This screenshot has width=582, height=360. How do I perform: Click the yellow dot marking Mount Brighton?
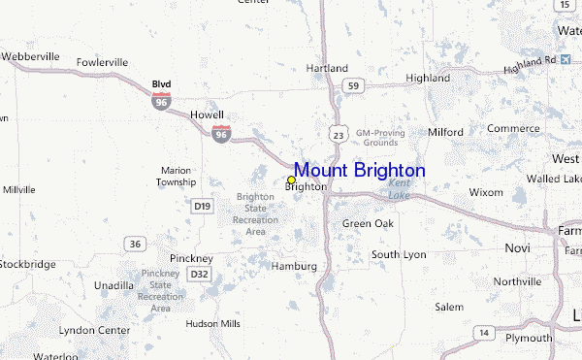point(291,180)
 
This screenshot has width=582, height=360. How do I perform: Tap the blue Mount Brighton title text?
point(359,170)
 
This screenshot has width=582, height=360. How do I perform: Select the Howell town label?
point(207,114)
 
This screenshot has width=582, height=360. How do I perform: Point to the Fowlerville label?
point(102,62)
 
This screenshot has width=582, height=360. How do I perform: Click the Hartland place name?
point(327,69)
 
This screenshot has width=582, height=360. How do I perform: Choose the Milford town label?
point(445,132)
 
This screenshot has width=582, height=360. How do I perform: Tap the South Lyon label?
point(399,254)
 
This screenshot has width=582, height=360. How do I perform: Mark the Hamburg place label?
point(295,266)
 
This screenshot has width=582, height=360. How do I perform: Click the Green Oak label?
point(368,224)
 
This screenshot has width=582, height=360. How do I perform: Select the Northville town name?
point(517,281)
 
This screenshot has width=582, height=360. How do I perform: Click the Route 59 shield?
point(355,86)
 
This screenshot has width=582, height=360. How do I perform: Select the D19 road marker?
point(202,206)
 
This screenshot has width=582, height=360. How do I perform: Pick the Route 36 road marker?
point(135,244)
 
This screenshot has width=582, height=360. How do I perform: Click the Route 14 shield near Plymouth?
point(483,333)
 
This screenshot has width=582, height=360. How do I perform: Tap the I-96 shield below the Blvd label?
point(159,99)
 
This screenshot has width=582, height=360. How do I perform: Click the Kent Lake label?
point(400,188)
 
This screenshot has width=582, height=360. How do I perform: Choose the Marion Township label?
point(178,176)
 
